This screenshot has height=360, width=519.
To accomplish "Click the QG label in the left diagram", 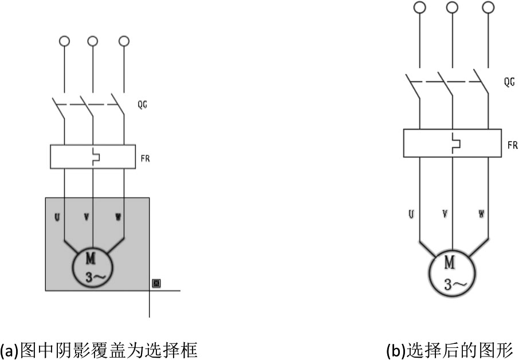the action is pos(142,105).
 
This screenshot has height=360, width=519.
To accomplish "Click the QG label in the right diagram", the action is pos(509,82).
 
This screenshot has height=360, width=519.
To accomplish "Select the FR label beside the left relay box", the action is pos(145,159).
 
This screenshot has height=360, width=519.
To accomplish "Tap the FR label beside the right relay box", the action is pos(513,145).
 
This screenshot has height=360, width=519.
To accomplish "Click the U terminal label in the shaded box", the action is pos(57,217).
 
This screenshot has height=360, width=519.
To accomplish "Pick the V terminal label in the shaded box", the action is pos(86,217).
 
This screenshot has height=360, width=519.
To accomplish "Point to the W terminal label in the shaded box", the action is pos(118,217).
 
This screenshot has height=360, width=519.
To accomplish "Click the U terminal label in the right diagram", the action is pos(411,214).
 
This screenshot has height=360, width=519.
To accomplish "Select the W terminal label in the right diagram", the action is pos(481,214).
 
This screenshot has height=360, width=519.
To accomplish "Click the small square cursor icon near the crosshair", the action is pos(156,284).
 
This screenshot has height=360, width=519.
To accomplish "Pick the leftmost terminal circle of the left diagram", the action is pos(64,41).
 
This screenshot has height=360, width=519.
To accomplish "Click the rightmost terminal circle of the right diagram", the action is pos(488,7).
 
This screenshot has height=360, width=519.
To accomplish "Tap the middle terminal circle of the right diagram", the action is pos(452,7).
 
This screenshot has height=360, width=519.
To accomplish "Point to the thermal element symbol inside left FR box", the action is pos(96,157).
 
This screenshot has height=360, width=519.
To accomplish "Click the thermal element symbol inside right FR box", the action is pos(457,143).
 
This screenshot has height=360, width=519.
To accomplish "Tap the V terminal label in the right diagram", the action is pos(445,214).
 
